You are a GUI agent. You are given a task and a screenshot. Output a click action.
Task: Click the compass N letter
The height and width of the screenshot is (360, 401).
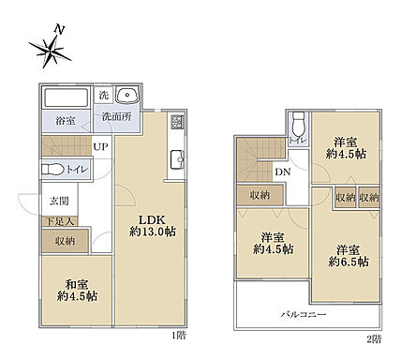[59, 30]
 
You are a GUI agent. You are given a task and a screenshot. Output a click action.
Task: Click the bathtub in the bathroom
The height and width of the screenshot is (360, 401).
[66, 97]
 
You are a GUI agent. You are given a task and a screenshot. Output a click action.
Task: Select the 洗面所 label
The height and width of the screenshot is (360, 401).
[116, 118]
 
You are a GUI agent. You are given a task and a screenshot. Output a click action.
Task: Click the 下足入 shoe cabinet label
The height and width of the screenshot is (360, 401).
[58, 220]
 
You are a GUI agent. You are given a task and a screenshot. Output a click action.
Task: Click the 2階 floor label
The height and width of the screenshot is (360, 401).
[374, 336]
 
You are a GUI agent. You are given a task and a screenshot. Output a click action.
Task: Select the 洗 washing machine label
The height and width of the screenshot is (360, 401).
[105, 96]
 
